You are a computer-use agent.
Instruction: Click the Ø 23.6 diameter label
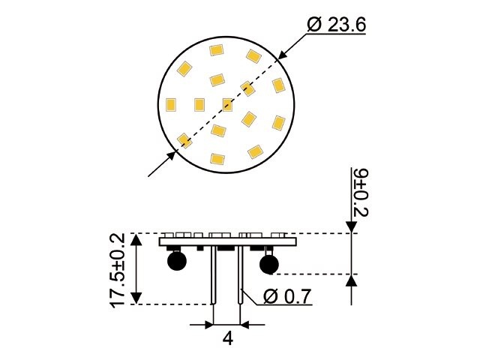[x=337, y=24]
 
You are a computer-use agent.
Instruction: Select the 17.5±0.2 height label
[x=118, y=269]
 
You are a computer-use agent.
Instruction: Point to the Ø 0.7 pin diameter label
[x=287, y=296]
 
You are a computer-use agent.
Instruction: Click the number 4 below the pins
[x=227, y=337]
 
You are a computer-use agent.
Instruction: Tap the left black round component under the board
[x=177, y=261]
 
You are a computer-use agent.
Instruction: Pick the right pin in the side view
[x=239, y=277]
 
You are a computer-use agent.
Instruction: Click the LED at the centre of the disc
[x=227, y=103]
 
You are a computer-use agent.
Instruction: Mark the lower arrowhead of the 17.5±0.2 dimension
[x=136, y=298]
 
